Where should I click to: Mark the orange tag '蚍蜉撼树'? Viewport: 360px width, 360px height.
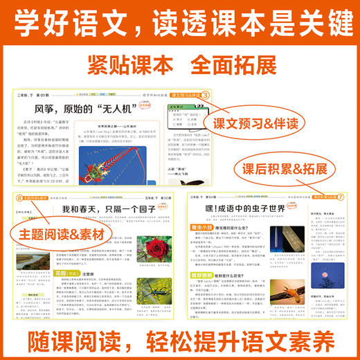click(208, 292)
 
